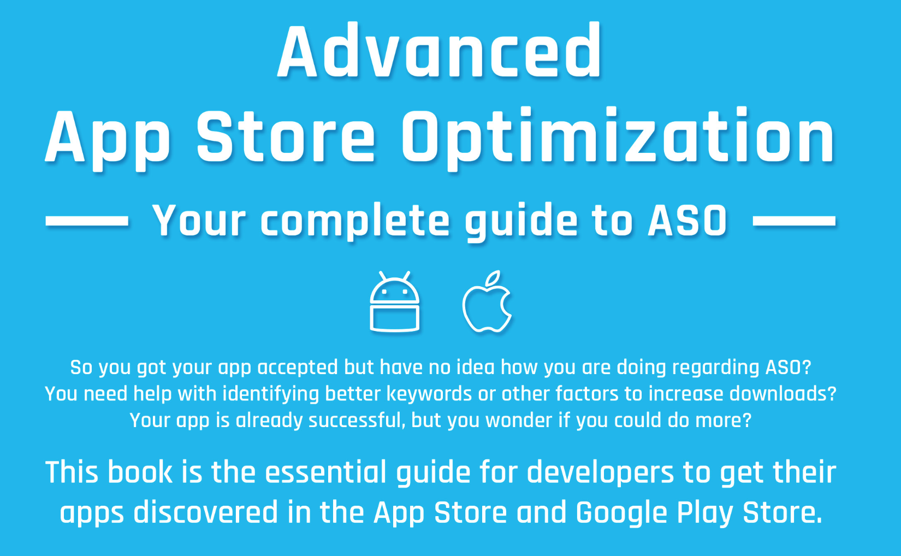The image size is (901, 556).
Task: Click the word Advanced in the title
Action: point(440,52)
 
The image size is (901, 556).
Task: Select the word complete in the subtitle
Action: point(355,221)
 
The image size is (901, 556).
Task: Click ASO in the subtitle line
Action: point(687,221)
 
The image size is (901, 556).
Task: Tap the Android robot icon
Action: point(394,303)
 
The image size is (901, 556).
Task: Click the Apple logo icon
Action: point(487,306)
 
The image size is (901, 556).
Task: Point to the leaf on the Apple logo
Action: point(494,278)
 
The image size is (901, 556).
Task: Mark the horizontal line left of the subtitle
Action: point(87,221)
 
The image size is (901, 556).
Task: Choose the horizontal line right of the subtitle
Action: point(794,221)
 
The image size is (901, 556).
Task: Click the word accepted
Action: point(298,367)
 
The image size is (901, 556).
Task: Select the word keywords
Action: point(429,394)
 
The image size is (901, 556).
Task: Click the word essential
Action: point(326,472)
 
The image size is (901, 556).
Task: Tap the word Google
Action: point(621,513)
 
